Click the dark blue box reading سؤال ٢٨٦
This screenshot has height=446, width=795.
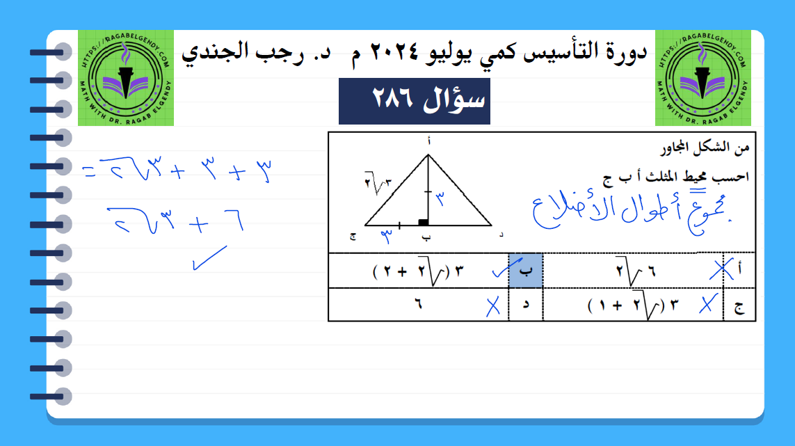point(415,101)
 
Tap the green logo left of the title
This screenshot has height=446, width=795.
point(126,78)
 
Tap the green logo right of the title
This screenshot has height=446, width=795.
point(702,78)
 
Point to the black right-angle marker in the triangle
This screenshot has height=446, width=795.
point(424,222)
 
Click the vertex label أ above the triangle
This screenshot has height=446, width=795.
point(429,141)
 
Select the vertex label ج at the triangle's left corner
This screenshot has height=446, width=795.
point(353,237)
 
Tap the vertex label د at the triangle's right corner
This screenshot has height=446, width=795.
point(501,234)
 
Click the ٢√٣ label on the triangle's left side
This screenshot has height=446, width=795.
point(378,183)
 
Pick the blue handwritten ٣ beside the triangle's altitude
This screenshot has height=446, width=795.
point(440,198)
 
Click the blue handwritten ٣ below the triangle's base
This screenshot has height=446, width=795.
point(386,236)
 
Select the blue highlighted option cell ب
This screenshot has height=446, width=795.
point(526,271)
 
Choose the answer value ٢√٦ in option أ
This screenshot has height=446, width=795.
point(636,271)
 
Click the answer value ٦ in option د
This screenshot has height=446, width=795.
point(418,304)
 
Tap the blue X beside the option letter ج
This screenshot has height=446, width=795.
point(708,304)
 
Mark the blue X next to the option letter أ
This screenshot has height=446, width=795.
point(721,269)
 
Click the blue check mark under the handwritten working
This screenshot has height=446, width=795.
point(209,257)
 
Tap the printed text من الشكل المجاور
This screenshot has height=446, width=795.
point(705,148)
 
